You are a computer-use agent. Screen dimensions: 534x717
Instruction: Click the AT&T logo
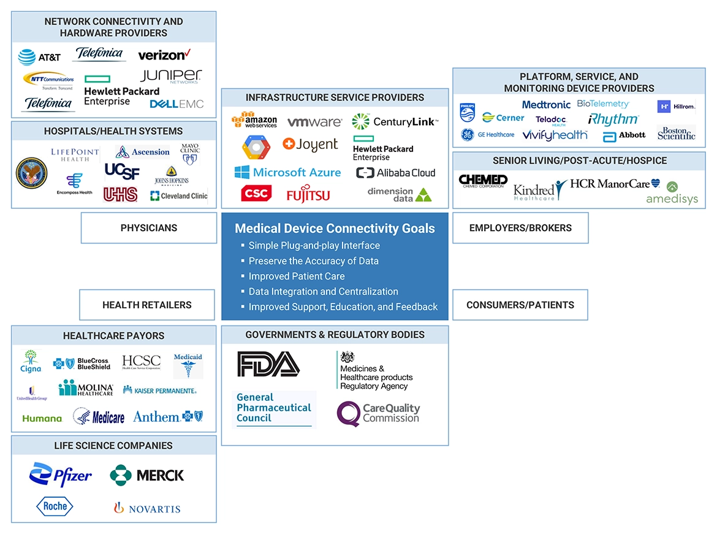(x=39, y=58)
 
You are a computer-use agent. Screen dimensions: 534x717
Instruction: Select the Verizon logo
(x=164, y=55)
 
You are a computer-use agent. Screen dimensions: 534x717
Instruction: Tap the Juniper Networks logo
(x=170, y=76)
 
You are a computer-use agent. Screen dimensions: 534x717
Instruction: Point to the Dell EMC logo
(x=176, y=104)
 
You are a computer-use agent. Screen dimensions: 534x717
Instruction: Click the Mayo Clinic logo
(x=190, y=154)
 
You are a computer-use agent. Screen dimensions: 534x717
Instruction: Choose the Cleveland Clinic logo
(x=179, y=196)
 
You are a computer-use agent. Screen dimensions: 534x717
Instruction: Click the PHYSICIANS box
(x=149, y=228)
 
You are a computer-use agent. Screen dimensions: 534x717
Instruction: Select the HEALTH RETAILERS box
(x=147, y=305)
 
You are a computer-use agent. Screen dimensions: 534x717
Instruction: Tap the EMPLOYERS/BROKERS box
(x=520, y=228)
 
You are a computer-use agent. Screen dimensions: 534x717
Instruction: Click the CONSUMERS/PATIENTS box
(x=520, y=305)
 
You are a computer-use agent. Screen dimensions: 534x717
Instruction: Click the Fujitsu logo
(x=308, y=195)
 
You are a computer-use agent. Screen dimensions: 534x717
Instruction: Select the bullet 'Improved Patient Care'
(x=297, y=277)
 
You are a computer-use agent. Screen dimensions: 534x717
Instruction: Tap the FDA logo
(x=268, y=364)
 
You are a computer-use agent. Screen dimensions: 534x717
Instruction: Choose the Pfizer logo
(x=61, y=475)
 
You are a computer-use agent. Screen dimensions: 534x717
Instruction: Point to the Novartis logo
(x=146, y=508)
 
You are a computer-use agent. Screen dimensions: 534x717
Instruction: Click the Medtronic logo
(x=546, y=105)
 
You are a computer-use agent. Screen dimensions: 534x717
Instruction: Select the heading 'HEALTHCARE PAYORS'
(x=113, y=336)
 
